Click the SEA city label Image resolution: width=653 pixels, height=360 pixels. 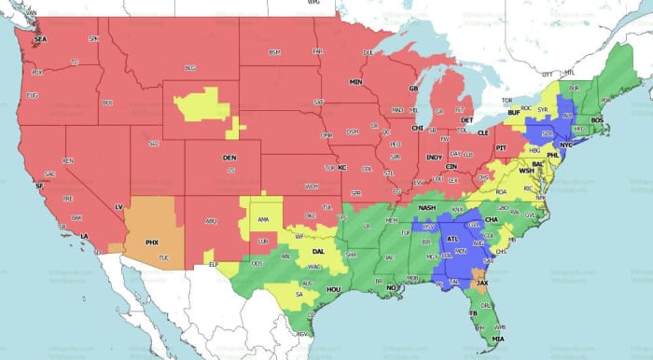click(39, 41)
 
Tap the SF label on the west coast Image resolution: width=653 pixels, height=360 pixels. click(39, 187)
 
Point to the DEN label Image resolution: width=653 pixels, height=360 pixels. click(229, 159)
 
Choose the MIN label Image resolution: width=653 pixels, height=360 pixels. click(355, 82)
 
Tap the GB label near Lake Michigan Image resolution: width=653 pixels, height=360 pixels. click(413, 89)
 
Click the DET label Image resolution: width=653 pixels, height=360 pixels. click(467, 120)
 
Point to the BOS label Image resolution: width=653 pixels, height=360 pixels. click(598, 120)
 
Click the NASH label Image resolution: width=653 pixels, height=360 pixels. click(427, 207)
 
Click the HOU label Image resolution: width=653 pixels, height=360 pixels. click(333, 291)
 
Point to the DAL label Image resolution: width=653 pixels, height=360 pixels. click(319, 251)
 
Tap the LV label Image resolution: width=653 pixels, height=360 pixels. click(118, 205)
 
